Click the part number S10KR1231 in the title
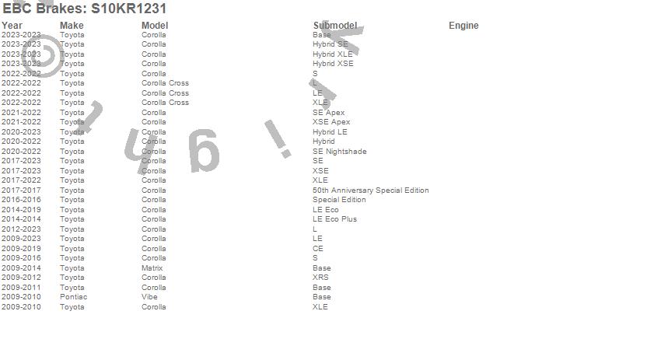tap(128, 9)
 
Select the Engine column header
tap(463, 26)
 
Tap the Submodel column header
tap(334, 26)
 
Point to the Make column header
tap(72, 26)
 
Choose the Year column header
tap(12, 26)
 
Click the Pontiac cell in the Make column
tap(73, 297)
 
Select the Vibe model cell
tap(149, 297)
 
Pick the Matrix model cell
tap(152, 268)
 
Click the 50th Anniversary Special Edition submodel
tap(370, 190)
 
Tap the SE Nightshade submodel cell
tap(339, 152)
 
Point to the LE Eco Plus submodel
tap(334, 219)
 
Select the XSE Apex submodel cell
tap(331, 122)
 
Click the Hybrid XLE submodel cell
tap(332, 54)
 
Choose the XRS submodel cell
tap(320, 278)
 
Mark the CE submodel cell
tap(317, 249)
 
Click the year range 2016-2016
tap(21, 200)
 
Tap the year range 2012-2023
tap(21, 229)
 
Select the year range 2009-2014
tap(21, 268)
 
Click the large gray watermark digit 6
tap(203, 152)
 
